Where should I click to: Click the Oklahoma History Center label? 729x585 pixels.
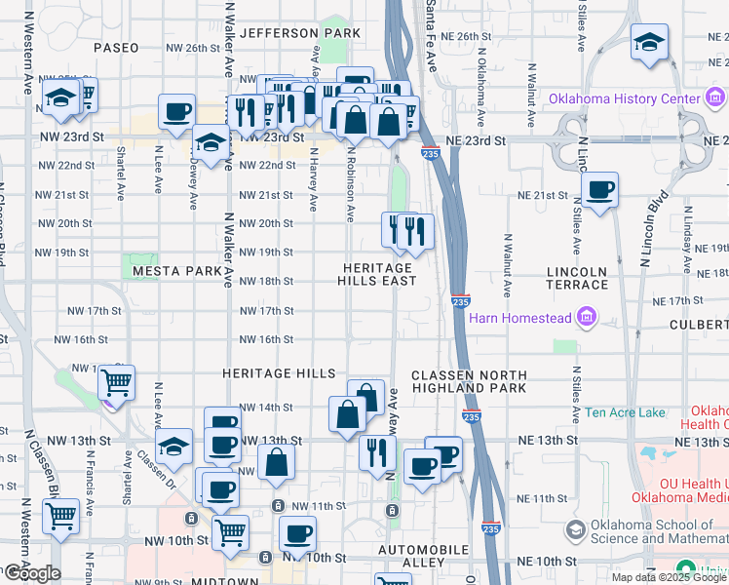tap(624, 98)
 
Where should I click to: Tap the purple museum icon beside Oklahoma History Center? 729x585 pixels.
tap(715, 98)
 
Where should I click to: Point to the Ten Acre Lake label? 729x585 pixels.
tap(625, 412)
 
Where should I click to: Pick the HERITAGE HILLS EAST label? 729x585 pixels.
tap(377, 274)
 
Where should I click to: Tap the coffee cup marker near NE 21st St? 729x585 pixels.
tap(599, 188)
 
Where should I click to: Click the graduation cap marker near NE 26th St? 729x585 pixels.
tap(649, 43)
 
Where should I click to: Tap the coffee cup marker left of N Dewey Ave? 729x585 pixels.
tap(176, 111)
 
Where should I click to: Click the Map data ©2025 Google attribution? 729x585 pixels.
tap(668, 577)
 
